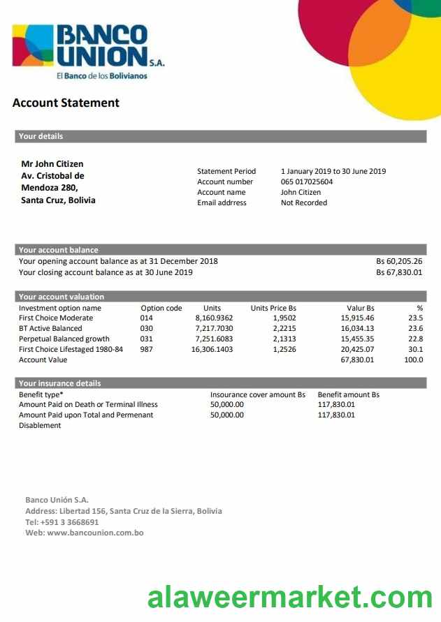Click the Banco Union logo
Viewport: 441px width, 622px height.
[88, 50]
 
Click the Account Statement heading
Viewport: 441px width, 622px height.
[66, 103]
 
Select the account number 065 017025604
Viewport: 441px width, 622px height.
[307, 182]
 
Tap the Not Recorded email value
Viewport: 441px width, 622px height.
[304, 202]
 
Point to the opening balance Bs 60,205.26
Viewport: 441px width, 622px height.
[399, 261]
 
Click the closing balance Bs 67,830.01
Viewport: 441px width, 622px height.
[399, 272]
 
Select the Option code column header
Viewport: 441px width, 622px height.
[161, 308]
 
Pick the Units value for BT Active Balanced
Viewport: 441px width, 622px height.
[214, 328]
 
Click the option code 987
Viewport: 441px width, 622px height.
[147, 349]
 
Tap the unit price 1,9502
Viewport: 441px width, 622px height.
[284, 318]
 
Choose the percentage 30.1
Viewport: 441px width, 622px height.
[415, 349]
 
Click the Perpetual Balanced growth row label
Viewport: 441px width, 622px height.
[64, 339]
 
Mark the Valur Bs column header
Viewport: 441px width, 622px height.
[360, 308]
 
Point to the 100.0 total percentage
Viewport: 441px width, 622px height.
[414, 360]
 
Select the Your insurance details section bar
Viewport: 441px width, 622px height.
[220, 383]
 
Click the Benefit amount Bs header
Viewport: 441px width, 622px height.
[348, 394]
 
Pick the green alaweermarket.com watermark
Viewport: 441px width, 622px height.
[289, 598]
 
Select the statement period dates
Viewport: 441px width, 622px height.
[333, 171]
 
